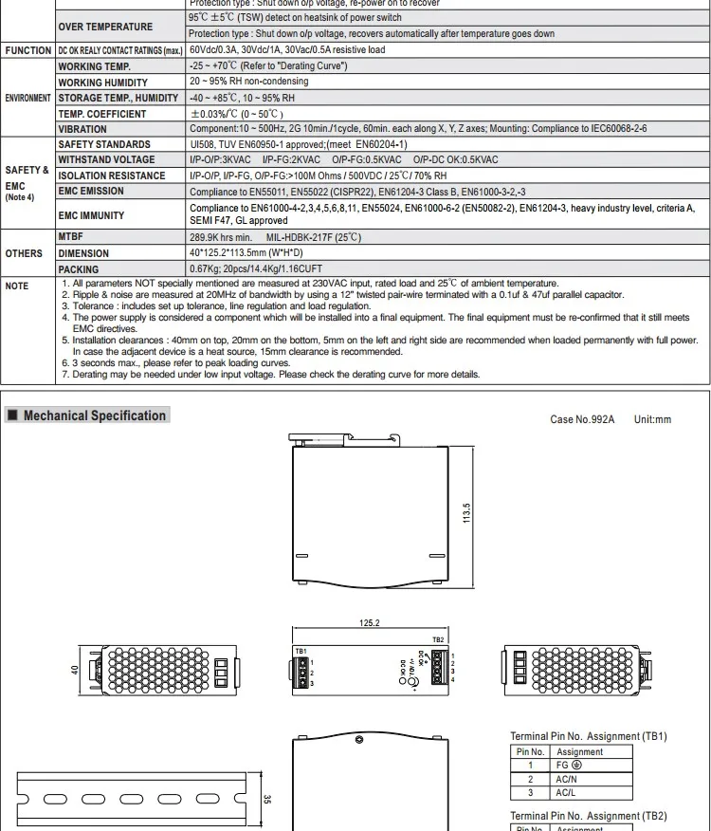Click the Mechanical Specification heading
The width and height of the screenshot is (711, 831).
pyautogui.click(x=94, y=415)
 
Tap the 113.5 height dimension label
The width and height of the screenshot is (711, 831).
pyautogui.click(x=465, y=518)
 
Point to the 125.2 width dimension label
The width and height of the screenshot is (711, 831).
pyautogui.click(x=370, y=623)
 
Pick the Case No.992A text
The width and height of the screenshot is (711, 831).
pyautogui.click(x=582, y=419)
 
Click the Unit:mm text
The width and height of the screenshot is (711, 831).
pyautogui.click(x=652, y=419)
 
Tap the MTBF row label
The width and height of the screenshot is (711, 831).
pyautogui.click(x=71, y=237)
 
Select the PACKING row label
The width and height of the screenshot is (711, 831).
pyautogui.click(x=78, y=269)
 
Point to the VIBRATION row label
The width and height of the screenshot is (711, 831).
pyautogui.click(x=82, y=129)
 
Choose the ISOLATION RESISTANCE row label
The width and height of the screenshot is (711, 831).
pyautogui.click(x=112, y=175)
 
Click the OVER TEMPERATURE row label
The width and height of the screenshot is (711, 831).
pyautogui.click(x=105, y=27)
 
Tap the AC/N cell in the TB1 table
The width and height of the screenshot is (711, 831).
pyautogui.click(x=566, y=779)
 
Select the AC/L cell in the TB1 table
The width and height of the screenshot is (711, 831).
pyautogui.click(x=566, y=792)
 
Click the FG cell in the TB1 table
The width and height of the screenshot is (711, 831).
pyautogui.click(x=569, y=765)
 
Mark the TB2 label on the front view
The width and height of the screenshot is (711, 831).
pyautogui.click(x=438, y=640)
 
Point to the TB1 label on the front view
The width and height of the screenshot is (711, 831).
pyautogui.click(x=301, y=651)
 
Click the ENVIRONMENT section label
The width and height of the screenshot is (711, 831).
pyautogui.click(x=27, y=98)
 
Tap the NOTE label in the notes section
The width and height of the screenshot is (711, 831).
pyautogui.click(x=17, y=286)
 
